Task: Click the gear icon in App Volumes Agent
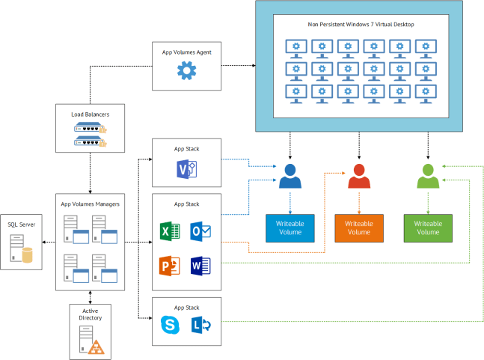pos(186,71)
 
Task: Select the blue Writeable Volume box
pos(290,228)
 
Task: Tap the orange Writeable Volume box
pos(358,228)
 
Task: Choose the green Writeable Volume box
pos(427,228)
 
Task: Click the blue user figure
pos(290,177)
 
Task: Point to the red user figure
pos(358,177)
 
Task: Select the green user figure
pos(427,177)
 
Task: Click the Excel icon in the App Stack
pos(170,231)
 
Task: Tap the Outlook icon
pos(200,231)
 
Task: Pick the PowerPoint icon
pos(170,266)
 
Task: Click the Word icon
pos(200,266)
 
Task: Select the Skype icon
pos(170,326)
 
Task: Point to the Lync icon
pos(200,326)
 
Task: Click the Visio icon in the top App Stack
pos(186,168)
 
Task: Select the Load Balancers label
pos(90,114)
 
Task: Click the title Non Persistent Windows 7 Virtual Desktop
pos(361,25)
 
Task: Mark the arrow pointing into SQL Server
pos(46,242)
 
